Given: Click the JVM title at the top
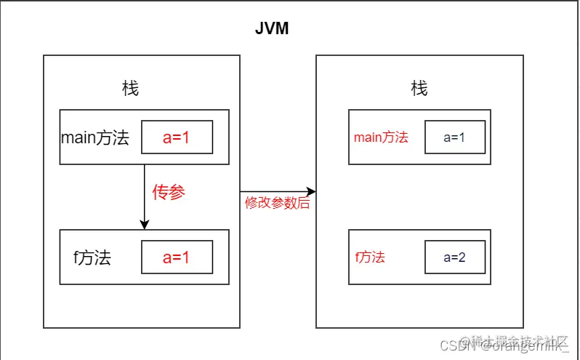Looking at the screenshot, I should coord(273,28).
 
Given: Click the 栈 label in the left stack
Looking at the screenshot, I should coord(130,89).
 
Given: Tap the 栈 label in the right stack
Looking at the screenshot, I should coord(419,89).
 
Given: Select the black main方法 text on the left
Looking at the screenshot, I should coord(95,137).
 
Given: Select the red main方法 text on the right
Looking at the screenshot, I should coord(381,137).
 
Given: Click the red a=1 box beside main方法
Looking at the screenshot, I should coord(177,137).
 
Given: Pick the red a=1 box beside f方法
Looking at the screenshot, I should coord(177,257).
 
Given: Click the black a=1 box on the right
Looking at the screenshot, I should coord(454,137).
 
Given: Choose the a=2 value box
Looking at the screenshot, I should coord(454,257).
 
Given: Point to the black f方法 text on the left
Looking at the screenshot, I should coord(92,257).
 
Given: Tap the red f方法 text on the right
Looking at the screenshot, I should coord(370,257).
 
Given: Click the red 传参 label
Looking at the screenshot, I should coord(169,193).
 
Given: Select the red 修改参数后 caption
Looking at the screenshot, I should coord(277,204).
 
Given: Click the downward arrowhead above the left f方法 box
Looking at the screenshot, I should coord(145,224).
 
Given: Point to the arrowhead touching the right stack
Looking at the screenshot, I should coord(311,192).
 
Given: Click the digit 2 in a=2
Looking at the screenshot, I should coord(463,257).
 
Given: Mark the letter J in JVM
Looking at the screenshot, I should coord(260,28).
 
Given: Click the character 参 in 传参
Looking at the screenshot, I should coord(177,193).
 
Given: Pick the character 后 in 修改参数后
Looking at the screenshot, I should coord(304,204).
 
